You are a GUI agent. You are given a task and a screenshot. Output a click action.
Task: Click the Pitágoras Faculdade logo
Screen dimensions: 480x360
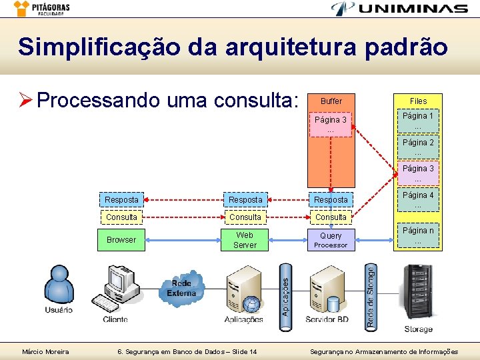[41, 9]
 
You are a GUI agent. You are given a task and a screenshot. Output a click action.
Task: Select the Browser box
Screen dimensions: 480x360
[121, 240]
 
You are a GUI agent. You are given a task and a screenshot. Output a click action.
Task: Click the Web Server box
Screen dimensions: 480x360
[245, 240]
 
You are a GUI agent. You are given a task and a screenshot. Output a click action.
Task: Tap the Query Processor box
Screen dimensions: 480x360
[331, 240]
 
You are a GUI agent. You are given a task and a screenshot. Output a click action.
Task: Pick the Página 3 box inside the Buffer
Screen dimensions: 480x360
[331, 125]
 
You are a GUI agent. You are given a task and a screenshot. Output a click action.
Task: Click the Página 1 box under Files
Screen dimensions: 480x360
[418, 121]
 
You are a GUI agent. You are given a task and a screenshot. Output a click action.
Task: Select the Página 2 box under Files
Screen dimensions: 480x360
[418, 147]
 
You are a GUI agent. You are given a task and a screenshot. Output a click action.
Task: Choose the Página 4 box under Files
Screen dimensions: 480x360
[418, 200]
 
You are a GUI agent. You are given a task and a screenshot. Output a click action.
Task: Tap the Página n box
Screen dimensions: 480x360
[418, 235]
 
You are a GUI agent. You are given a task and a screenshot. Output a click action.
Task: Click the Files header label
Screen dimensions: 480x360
[418, 101]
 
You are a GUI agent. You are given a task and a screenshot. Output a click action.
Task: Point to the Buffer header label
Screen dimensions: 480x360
[331, 101]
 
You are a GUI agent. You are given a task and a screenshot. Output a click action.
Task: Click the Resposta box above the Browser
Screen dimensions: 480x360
[121, 200]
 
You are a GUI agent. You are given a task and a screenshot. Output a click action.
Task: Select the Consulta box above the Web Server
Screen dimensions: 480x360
[245, 217]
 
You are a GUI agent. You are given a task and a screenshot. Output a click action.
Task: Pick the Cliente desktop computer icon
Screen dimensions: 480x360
[116, 291]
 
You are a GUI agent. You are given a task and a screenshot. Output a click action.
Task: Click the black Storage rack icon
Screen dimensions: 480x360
[418, 293]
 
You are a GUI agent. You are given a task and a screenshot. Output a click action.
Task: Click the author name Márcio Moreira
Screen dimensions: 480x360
[45, 351]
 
